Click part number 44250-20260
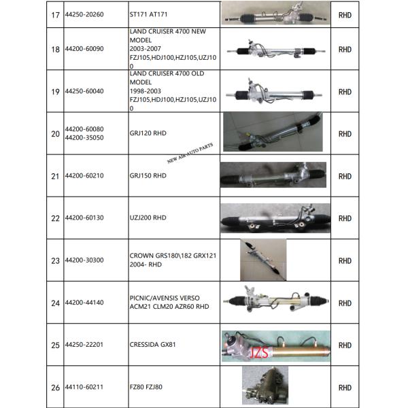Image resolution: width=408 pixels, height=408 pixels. pyautogui.click(x=84, y=14)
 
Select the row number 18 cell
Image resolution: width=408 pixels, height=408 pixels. pyautogui.click(x=55, y=50)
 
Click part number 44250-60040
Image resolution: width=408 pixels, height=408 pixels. pyautogui.click(x=84, y=91)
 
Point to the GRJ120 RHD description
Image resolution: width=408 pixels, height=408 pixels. pyautogui.click(x=148, y=133)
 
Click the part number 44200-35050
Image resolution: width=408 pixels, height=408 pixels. pyautogui.click(x=84, y=137)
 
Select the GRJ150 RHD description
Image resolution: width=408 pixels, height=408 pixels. pyautogui.click(x=148, y=175)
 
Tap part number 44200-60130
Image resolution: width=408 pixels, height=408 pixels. pyautogui.click(x=84, y=218)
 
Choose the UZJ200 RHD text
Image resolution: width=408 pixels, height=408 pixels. pyautogui.click(x=148, y=218)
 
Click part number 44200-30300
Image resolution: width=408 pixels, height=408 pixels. pyautogui.click(x=84, y=260)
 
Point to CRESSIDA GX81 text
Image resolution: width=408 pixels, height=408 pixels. pyautogui.click(x=153, y=345)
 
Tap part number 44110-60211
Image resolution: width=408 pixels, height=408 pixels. pyautogui.click(x=84, y=388)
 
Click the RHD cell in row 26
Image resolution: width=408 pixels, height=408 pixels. pyautogui.click(x=345, y=388)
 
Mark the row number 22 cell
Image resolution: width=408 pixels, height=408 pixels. pyautogui.click(x=55, y=218)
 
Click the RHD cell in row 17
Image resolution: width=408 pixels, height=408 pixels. pyautogui.click(x=345, y=14)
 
